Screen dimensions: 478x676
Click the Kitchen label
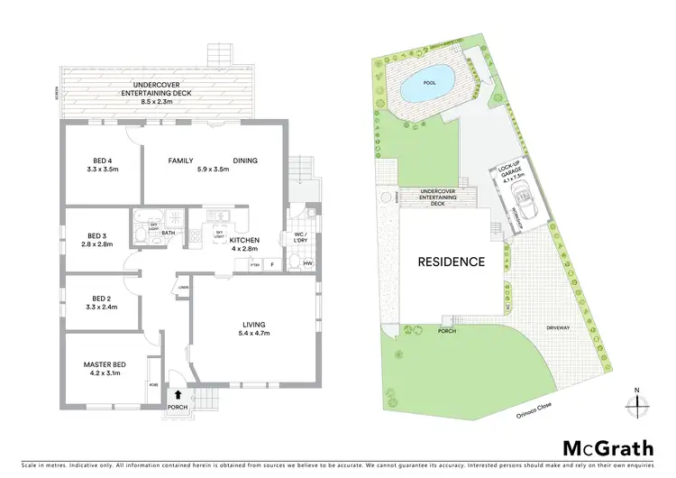244,239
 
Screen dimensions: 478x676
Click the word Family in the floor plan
181,161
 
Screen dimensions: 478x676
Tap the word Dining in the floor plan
245,161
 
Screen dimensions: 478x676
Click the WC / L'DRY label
299,238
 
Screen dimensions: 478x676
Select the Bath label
169,232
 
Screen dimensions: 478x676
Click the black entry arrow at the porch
178,394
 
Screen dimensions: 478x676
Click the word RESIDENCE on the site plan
451,262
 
